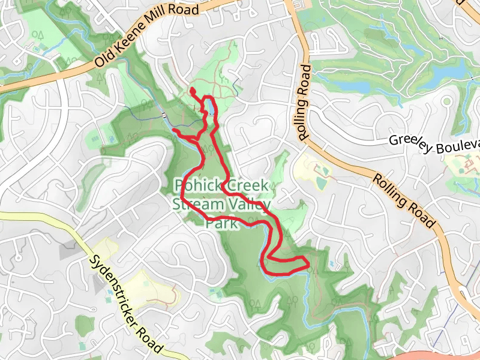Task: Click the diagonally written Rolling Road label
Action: (403, 200)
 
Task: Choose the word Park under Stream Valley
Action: (220, 223)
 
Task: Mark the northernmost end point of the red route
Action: (193, 90)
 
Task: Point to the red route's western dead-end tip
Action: (173, 130)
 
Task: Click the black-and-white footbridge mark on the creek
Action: (164, 114)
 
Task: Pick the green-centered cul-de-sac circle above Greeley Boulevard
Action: (446, 103)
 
